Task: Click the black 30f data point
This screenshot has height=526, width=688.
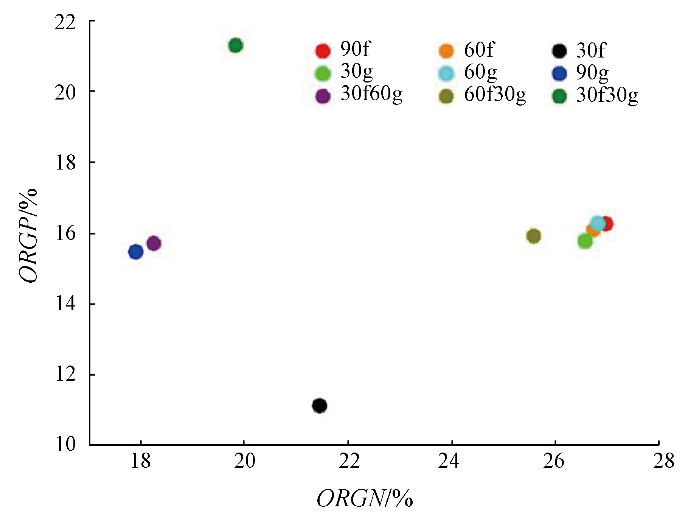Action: point(320,406)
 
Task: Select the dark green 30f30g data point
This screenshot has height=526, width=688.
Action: point(235,46)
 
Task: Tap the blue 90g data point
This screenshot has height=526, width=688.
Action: point(135,252)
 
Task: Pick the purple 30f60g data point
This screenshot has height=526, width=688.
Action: point(153,243)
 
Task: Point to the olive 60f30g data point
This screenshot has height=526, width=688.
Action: point(533,236)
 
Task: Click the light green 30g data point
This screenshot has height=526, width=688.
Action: point(585,241)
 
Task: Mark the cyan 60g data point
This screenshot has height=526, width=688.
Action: point(598,223)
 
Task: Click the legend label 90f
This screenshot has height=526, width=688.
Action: point(355,49)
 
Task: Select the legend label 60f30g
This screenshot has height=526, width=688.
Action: point(495,95)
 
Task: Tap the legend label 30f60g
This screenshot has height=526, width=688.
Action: point(371,95)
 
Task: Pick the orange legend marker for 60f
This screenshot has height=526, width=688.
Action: point(446,51)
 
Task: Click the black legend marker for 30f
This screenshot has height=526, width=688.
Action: point(559,51)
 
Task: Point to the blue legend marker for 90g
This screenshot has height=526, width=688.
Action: point(559,73)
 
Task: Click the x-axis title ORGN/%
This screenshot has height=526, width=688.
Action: point(365,499)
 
